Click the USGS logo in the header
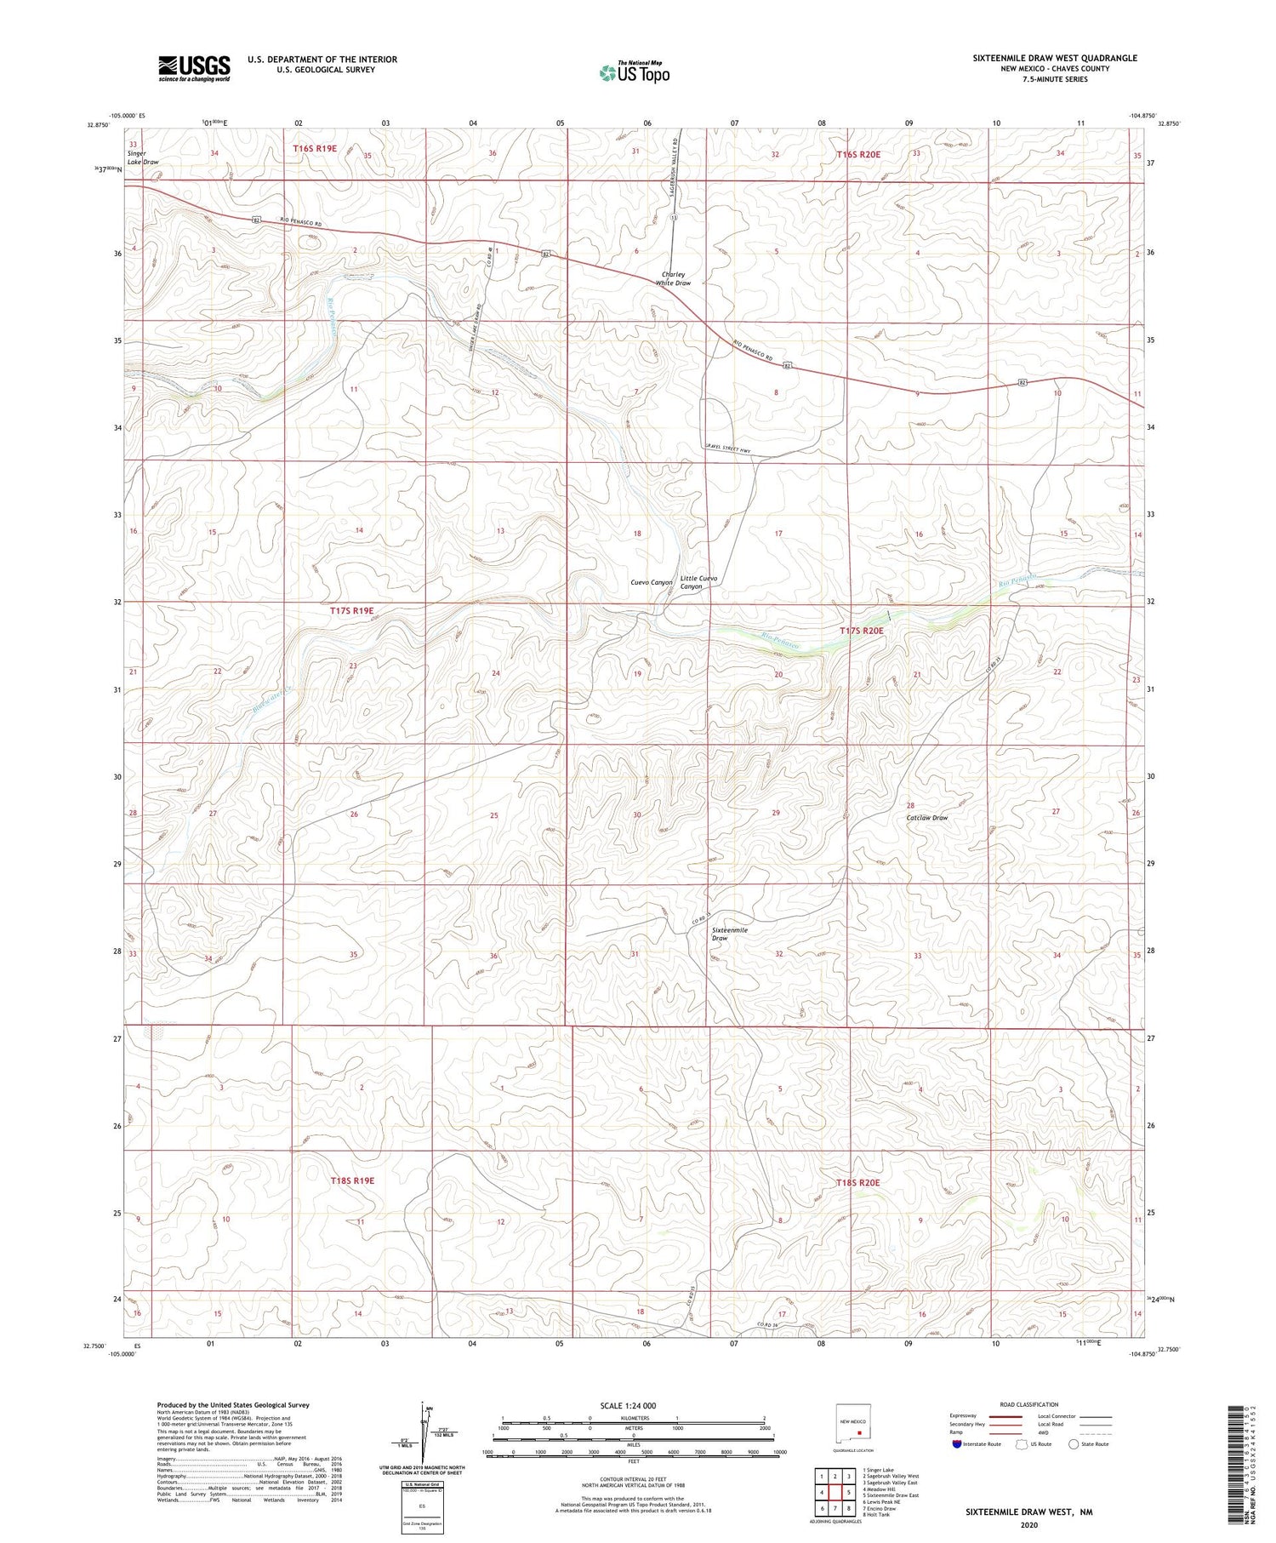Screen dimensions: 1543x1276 [194, 68]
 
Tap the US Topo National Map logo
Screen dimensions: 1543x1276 [635, 73]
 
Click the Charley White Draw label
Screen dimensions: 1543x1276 [673, 278]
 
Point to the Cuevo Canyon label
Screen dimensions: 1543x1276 [652, 582]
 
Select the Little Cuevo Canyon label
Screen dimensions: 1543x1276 [698, 582]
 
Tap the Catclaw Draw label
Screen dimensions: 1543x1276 [926, 817]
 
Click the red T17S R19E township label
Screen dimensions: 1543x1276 [351, 610]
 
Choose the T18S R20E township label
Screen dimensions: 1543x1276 [857, 1182]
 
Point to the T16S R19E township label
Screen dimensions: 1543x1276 [315, 148]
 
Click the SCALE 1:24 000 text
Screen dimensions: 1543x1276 [628, 1405]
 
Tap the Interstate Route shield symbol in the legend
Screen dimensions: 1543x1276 [958, 1444]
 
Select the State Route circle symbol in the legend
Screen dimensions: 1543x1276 [1074, 1443]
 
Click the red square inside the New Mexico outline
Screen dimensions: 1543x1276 [859, 1432]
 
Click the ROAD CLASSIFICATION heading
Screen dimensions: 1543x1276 [1029, 1404]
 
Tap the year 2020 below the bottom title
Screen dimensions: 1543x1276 [1028, 1524]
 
